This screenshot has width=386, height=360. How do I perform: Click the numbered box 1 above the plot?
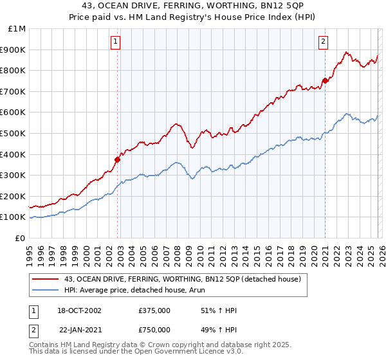[x=115, y=42]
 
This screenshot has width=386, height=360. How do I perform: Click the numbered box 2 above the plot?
[x=323, y=42]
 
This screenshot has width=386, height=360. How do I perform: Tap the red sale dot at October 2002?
[x=118, y=159]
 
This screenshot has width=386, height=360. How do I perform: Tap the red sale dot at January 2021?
[x=326, y=80]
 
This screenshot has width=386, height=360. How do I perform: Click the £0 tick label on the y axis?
[x=20, y=238]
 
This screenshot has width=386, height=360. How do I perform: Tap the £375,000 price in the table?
[x=154, y=310]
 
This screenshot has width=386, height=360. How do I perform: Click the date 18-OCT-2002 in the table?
[x=79, y=310]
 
